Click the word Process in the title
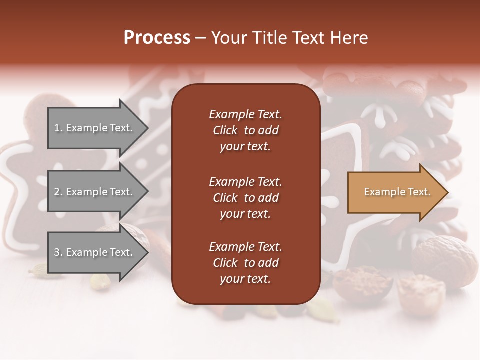point(157,38)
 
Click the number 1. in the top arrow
point(58,128)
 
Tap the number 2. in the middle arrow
point(58,192)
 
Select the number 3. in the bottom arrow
point(58,252)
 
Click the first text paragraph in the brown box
point(245,130)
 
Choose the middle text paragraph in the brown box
point(245,198)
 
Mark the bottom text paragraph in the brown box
point(245,263)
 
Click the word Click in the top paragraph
point(225,130)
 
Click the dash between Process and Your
point(201,38)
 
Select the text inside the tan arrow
point(397,192)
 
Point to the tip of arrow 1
point(147,128)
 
